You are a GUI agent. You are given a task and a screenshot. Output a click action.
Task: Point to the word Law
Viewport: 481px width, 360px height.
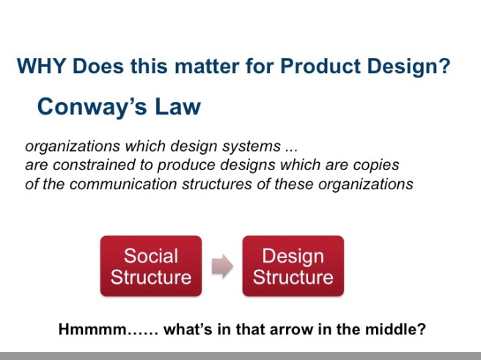176,107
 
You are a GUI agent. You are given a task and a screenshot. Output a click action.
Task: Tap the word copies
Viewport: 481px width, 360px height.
376,165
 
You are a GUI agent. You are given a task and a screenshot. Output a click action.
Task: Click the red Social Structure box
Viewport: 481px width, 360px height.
151,266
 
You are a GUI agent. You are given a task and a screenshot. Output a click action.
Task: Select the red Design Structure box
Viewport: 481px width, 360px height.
293,266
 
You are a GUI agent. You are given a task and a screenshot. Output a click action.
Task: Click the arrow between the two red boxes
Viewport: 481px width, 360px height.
222,267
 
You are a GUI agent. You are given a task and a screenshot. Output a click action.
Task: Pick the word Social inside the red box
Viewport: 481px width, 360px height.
151,256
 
